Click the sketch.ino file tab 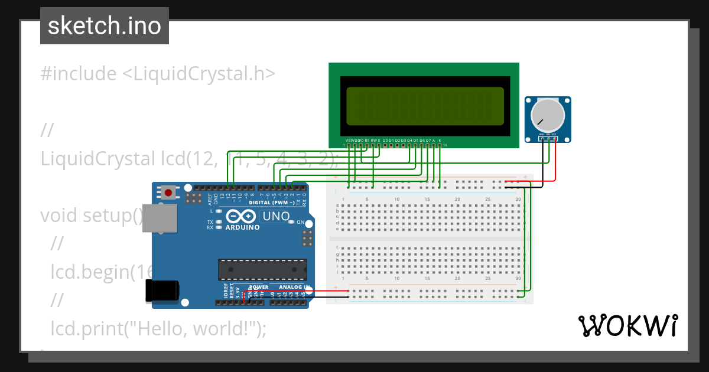(105, 26)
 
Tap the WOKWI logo (628, 325)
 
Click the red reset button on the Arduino (169, 192)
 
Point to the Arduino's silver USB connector (161, 218)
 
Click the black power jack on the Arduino (162, 291)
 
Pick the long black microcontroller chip (262, 269)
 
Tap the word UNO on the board (276, 216)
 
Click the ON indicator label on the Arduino (300, 223)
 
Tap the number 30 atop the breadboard (518, 199)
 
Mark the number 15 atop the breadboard (427, 199)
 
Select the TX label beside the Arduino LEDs (210, 222)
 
